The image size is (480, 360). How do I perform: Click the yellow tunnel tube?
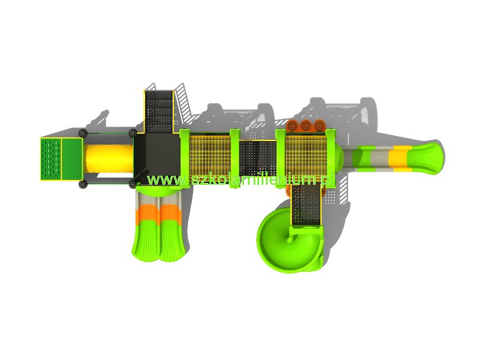(x=109, y=158)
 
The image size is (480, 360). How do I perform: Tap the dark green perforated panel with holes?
(x=51, y=159)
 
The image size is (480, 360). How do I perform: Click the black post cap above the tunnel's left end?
(x=83, y=133)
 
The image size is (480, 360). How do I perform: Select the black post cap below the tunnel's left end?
(x=83, y=184)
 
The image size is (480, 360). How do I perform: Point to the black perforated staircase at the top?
(x=159, y=112)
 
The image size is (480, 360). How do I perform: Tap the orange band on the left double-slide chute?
(x=147, y=214)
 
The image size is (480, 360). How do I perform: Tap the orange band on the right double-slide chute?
(x=170, y=214)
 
